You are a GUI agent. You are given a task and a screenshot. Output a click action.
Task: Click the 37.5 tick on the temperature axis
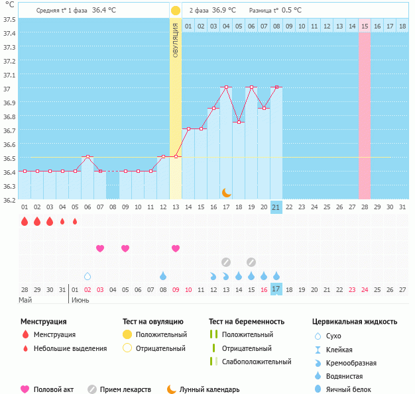pyautogui.click(x=9, y=19)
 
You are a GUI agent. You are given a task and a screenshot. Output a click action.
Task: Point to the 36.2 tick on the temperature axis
pyautogui.click(x=9, y=199)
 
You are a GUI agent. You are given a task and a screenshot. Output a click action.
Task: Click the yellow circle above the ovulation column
pyautogui.click(x=175, y=11)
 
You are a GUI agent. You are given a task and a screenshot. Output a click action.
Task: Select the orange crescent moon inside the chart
pyautogui.click(x=226, y=192)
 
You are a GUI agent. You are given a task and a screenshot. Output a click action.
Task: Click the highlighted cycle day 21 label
pyautogui.click(x=276, y=207)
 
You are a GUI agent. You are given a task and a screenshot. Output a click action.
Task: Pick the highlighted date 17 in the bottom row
pyautogui.click(x=276, y=289)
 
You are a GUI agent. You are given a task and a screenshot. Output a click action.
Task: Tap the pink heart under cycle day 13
pyautogui.click(x=176, y=248)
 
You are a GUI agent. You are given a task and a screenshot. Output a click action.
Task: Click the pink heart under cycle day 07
pyautogui.click(x=100, y=248)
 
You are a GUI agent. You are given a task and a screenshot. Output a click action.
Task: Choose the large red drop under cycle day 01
pyautogui.click(x=25, y=221)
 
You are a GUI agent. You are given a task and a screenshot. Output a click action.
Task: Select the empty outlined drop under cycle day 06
pyautogui.click(x=88, y=275)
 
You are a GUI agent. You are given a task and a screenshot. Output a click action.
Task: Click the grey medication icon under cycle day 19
pyautogui.click(x=251, y=262)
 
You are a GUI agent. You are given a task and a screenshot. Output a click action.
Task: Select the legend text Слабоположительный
pyautogui.click(x=257, y=362)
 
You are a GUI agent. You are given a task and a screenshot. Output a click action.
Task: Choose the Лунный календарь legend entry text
pyautogui.click(x=212, y=390)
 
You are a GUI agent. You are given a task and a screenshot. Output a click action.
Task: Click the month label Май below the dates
pyautogui.click(x=25, y=300)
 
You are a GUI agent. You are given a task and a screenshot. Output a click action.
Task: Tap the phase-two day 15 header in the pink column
pyautogui.click(x=365, y=26)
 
